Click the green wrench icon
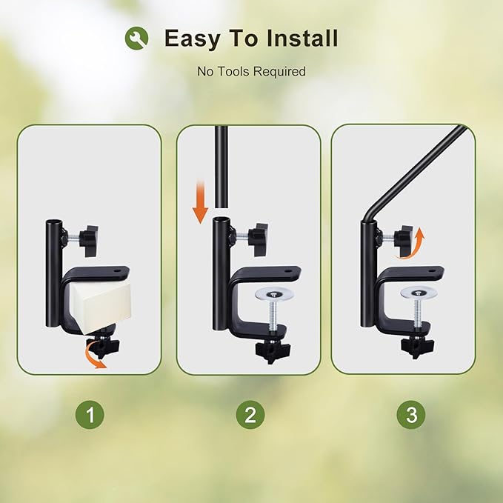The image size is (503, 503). [136, 38]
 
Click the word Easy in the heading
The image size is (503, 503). [192, 39]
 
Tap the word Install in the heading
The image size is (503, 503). [302, 38]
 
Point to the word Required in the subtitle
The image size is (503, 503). [279, 72]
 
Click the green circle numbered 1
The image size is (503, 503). [90, 414]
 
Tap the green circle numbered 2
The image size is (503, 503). [250, 414]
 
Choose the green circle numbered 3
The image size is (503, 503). [411, 414]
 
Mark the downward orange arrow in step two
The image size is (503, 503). [200, 201]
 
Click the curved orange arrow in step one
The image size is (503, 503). [94, 357]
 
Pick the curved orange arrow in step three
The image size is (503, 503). [412, 243]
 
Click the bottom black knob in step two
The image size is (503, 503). [273, 350]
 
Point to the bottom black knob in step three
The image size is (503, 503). [417, 347]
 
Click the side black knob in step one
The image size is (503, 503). [89, 241]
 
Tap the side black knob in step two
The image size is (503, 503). [258, 239]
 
